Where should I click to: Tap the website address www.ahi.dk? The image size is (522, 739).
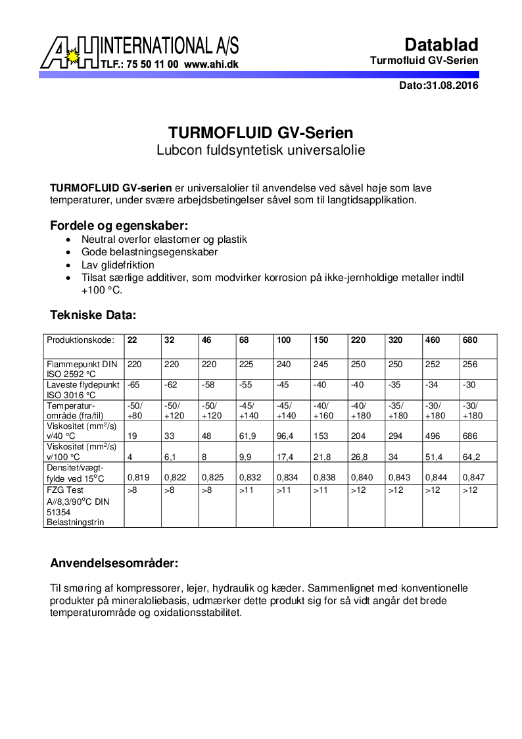tap(211, 64)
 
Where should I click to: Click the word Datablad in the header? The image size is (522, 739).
tap(441, 45)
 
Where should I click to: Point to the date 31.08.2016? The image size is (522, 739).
tap(452, 86)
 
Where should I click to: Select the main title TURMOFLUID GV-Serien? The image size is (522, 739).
tap(260, 132)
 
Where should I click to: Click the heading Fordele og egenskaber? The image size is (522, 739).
tap(119, 225)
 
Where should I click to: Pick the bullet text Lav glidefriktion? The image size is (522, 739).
tap(118, 265)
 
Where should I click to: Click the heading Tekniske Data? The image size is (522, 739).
tap(93, 315)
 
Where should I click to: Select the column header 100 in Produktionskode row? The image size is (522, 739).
tap(283, 340)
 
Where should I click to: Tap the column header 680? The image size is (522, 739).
tap(470, 340)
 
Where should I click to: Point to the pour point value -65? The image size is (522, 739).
tap(133, 384)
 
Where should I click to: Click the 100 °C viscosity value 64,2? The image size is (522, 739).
tap(472, 457)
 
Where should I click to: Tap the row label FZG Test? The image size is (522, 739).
tap(64, 490)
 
